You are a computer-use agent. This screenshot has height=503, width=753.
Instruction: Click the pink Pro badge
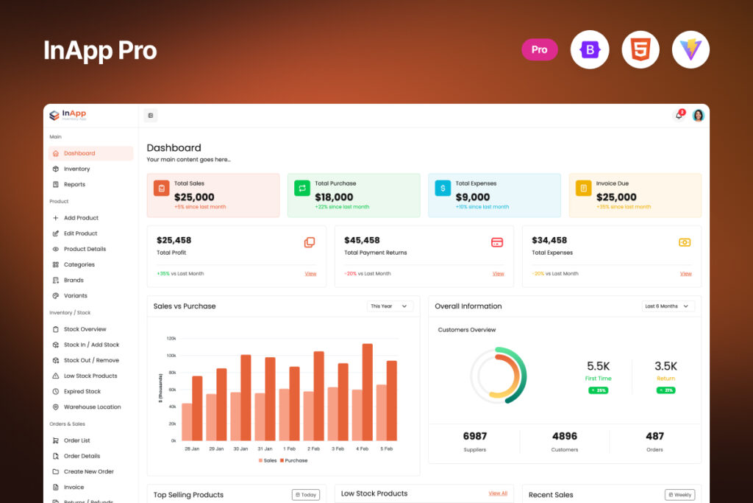540,49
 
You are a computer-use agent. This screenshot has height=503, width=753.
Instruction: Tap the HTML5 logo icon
640,49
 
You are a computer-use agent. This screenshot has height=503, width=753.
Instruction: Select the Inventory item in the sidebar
76,169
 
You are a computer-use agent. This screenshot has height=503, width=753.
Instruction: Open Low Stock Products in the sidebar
90,376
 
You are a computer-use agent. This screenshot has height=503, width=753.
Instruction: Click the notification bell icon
679,116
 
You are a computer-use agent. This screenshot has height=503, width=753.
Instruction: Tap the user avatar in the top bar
698,116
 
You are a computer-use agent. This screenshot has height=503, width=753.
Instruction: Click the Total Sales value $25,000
194,197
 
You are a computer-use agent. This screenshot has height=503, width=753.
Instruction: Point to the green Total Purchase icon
302,188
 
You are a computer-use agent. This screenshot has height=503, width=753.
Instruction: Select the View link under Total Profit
310,273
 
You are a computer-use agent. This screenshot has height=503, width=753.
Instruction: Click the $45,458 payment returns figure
362,240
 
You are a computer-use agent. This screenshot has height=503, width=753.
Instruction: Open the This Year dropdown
390,306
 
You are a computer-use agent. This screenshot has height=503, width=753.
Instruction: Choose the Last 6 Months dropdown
668,306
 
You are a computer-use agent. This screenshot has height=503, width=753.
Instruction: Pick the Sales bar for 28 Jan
187,421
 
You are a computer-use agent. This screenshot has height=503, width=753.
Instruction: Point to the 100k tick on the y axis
171,355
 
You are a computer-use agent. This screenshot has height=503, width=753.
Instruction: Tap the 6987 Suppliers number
474,436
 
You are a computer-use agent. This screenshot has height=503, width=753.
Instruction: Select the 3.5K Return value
665,366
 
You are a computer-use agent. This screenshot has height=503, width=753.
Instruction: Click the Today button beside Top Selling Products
305,495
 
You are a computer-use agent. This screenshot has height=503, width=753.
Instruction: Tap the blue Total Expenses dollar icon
443,188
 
